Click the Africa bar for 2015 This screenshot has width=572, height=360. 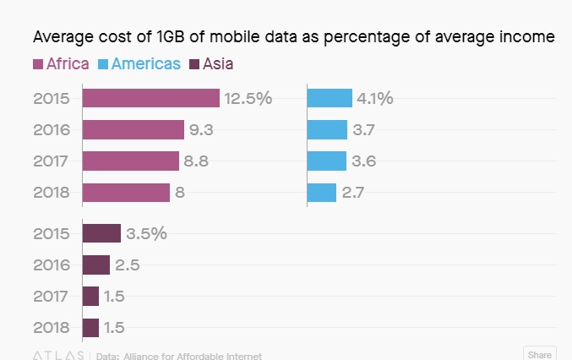pos(150,98)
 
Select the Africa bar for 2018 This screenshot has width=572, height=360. pos(126,193)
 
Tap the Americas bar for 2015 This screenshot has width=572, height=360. pos(330,98)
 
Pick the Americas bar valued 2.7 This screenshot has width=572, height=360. pos(322,193)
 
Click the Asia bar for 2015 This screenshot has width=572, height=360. pos(102,233)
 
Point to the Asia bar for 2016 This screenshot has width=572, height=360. pos(96,265)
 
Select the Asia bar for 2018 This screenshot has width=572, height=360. pos(90,328)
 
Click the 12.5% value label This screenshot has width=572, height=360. pos(248,98)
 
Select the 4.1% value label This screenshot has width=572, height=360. pos(375,98)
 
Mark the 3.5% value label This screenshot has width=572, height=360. pos(146,233)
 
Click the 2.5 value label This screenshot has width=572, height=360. pos(127,265)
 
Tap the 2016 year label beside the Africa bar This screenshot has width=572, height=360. pos(52,130)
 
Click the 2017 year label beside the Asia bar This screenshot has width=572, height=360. pos(52,297)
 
